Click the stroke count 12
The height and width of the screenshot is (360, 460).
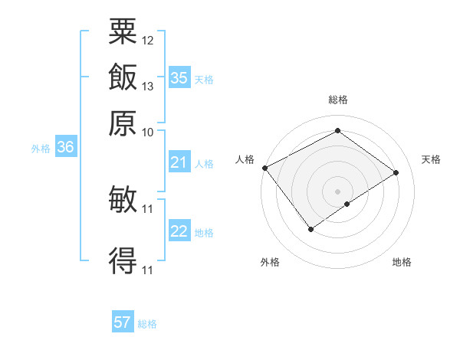point(148,40)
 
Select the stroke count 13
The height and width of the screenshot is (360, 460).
point(148,86)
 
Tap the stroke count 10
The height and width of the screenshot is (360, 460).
point(148,131)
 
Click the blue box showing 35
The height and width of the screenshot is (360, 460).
point(179,77)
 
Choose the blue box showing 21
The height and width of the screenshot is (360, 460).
point(179,162)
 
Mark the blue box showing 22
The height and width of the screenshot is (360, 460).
point(179,231)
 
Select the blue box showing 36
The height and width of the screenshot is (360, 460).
point(65,148)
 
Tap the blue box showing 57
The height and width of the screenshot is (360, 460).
point(123,322)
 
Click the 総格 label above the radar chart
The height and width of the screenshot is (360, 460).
point(338,100)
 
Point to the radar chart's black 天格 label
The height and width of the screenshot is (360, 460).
point(431,159)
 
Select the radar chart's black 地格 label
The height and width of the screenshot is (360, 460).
point(402,262)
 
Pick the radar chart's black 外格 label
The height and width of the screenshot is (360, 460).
point(270,262)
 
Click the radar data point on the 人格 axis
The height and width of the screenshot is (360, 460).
point(265,168)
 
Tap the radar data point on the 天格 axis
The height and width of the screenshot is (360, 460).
point(396,172)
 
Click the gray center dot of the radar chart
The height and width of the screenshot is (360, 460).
point(337,191)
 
